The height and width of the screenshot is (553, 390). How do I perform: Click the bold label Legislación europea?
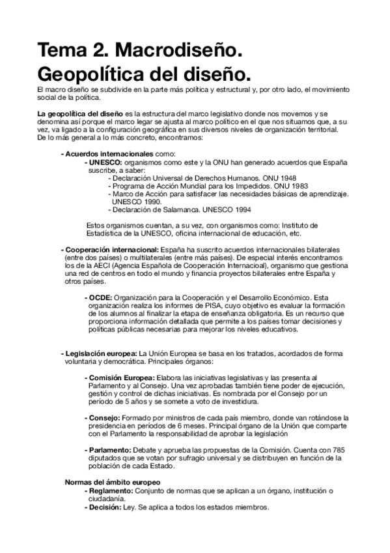point(100,353)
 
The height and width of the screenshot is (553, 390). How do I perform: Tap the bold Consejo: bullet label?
point(104,417)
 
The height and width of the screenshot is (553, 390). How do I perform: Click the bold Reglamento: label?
point(112,490)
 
